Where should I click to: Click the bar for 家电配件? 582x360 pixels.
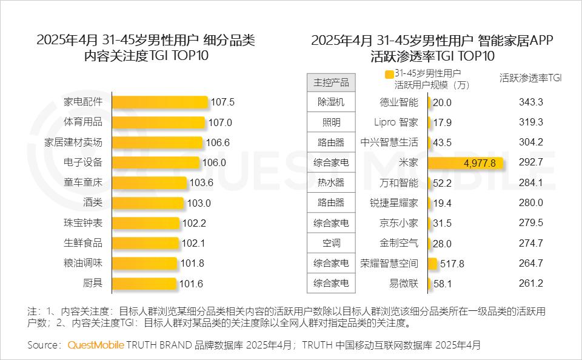click(x=160, y=102)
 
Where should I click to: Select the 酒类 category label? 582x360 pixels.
click(x=92, y=202)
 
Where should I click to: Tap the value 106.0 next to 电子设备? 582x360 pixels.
click(x=214, y=162)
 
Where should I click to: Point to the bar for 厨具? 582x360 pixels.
click(x=144, y=283)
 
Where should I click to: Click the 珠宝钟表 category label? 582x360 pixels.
click(x=83, y=222)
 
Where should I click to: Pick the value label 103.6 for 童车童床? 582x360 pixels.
click(x=202, y=182)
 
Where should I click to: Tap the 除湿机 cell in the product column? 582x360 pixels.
click(x=331, y=102)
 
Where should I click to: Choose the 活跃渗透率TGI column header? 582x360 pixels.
click(x=530, y=78)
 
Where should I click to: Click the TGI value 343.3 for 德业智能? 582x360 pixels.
click(x=530, y=102)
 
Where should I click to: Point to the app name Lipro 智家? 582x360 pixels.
click(x=396, y=122)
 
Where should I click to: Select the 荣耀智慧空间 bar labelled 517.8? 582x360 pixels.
click(x=432, y=263)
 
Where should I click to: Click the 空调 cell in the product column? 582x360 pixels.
click(x=331, y=243)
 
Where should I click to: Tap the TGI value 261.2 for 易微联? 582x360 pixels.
click(x=530, y=283)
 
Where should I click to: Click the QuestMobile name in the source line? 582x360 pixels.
click(x=96, y=345)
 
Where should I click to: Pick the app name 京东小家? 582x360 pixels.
click(x=398, y=223)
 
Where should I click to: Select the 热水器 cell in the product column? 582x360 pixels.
click(x=331, y=182)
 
